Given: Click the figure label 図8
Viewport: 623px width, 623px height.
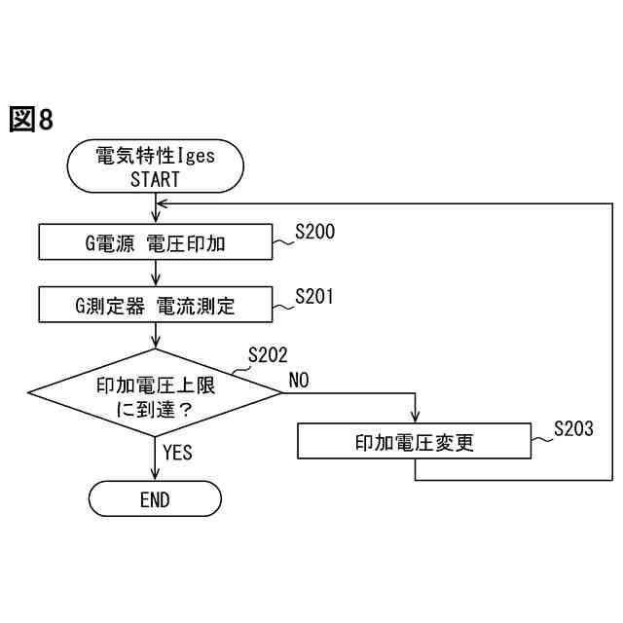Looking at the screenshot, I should click(x=29, y=121).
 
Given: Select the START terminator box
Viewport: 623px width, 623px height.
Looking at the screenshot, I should click(x=155, y=166).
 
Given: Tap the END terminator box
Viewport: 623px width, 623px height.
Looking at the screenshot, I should click(x=155, y=499).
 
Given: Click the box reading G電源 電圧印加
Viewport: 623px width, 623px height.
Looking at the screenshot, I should click(x=155, y=242).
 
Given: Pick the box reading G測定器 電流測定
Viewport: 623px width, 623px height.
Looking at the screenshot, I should click(x=155, y=306).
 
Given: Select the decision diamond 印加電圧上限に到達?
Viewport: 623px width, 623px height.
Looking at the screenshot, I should click(x=155, y=394).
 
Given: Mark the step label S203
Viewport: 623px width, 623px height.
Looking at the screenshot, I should click(x=573, y=428).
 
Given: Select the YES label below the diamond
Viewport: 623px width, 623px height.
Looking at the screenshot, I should click(x=177, y=452).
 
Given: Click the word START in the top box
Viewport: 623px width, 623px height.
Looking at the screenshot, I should click(x=155, y=178).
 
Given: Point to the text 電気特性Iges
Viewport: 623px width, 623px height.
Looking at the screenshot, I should click(x=155, y=156).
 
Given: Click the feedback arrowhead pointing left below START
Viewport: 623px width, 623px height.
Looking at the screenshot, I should click(x=163, y=204).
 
